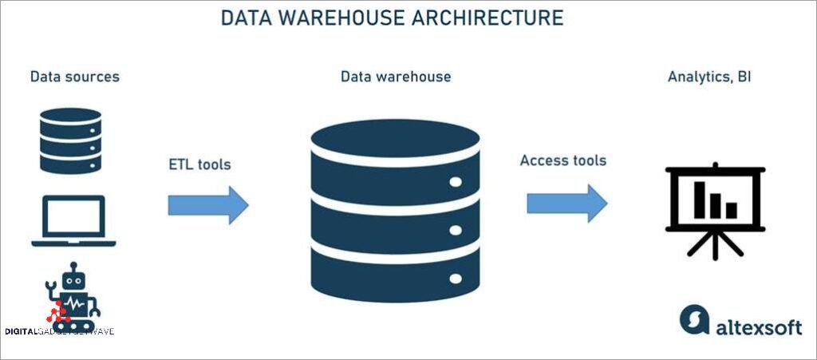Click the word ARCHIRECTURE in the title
487,18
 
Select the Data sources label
75,77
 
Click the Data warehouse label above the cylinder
396,77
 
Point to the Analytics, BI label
709,77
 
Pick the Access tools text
563,160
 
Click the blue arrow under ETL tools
208,205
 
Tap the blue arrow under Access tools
567,203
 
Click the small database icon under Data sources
70,140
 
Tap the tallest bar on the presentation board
701,200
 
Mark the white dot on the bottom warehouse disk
456,279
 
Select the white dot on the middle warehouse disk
456,230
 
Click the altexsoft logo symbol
694,321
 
